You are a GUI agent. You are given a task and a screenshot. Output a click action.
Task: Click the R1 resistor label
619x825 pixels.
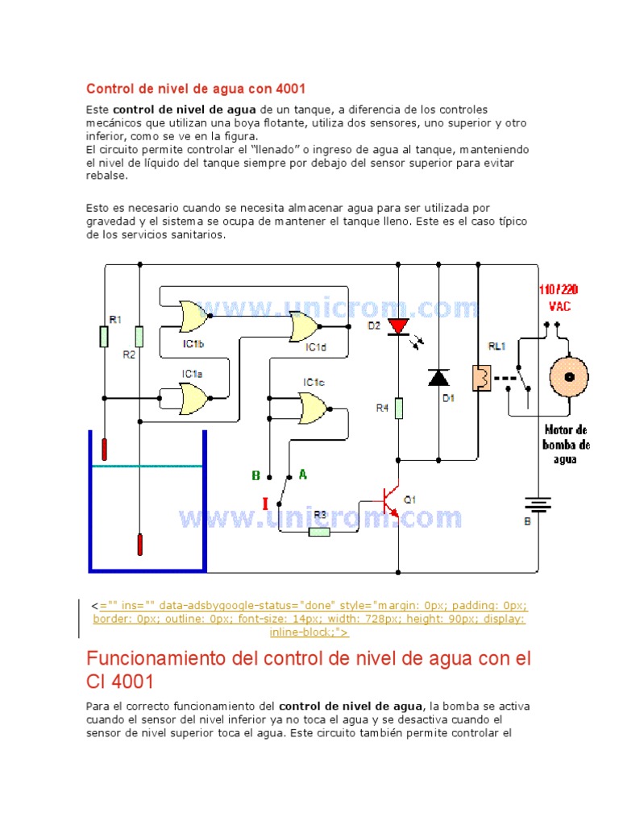114,319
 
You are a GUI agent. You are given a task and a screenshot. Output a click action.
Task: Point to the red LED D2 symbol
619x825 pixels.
398,326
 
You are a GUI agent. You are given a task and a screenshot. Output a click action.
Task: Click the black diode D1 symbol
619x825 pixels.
438,377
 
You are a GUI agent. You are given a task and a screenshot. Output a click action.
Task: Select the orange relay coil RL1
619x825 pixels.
479,377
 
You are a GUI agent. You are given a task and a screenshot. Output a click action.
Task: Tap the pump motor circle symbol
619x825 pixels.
569,377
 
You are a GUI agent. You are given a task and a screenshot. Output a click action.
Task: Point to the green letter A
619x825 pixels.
303,475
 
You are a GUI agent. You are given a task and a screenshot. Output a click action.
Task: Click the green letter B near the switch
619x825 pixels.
255,475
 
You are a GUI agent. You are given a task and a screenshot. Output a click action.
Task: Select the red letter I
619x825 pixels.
264,504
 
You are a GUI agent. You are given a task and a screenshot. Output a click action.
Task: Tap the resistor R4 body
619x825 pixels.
398,408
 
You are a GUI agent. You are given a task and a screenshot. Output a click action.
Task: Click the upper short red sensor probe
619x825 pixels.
105,449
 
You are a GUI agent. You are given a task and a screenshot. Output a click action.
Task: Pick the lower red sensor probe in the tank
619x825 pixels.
140,544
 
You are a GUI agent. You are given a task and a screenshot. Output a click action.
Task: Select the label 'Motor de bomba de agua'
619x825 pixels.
567,445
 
